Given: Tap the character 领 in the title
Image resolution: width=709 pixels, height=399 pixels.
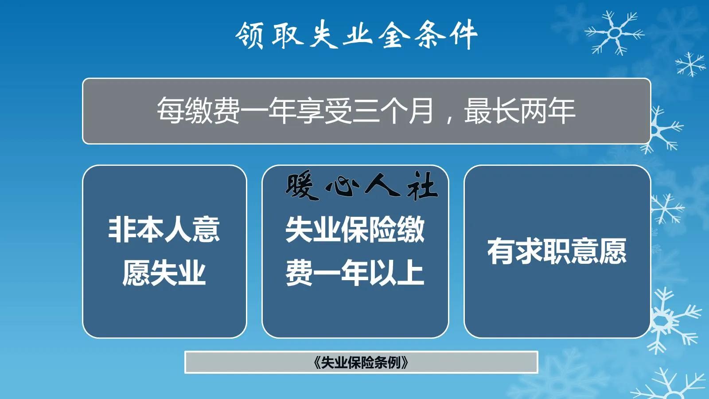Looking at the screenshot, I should pyautogui.click(x=250, y=35).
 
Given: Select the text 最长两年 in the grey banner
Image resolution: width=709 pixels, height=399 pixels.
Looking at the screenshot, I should pyautogui.click(x=519, y=111).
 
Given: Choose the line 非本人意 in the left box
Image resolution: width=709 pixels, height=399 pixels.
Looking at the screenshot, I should pyautogui.click(x=164, y=230).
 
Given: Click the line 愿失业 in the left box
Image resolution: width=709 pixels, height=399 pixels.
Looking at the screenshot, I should pyautogui.click(x=164, y=273).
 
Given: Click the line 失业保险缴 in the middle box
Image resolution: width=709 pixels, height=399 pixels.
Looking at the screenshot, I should pyautogui.click(x=354, y=230).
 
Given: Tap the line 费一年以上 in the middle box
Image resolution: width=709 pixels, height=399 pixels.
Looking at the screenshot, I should pyautogui.click(x=354, y=273).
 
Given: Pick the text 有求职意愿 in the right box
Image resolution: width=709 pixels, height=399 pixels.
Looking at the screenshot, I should pyautogui.click(x=557, y=251).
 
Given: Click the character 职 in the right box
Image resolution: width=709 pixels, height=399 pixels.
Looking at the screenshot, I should pyautogui.click(x=557, y=251).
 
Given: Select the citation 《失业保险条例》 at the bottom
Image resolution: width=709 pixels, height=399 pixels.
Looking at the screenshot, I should pyautogui.click(x=361, y=363).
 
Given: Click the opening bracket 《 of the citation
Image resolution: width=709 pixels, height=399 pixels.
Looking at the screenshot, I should pyautogui.click(x=316, y=363).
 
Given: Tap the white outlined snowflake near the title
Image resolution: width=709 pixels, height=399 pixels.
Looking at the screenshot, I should pyautogui.click(x=614, y=33).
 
